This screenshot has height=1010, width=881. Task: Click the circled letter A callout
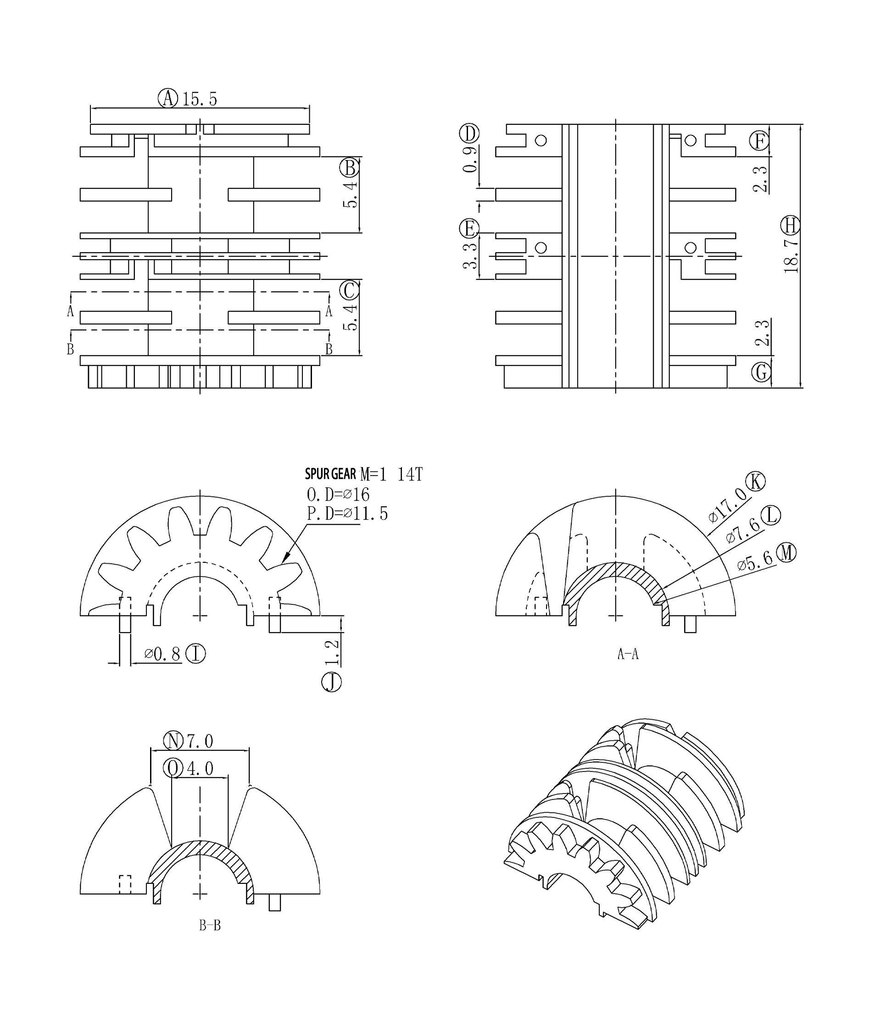[167, 98]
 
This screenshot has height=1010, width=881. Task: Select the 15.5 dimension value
[200, 99]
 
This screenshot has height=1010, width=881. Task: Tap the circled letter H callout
[791, 226]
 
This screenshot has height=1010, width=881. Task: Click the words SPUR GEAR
[330, 474]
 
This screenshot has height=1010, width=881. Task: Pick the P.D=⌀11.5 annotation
[347, 514]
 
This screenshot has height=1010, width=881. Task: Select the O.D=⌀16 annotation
[338, 494]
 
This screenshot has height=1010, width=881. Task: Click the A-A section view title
[628, 654]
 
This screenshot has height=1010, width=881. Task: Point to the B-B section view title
[210, 926]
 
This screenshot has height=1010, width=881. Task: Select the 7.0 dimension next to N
[200, 741]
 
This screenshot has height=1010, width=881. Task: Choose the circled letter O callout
[173, 768]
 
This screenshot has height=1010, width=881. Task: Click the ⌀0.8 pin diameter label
[163, 654]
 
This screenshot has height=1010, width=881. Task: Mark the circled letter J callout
[331, 682]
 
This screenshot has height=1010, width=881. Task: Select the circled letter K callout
[756, 482]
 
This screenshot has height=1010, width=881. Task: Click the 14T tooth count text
[409, 474]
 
